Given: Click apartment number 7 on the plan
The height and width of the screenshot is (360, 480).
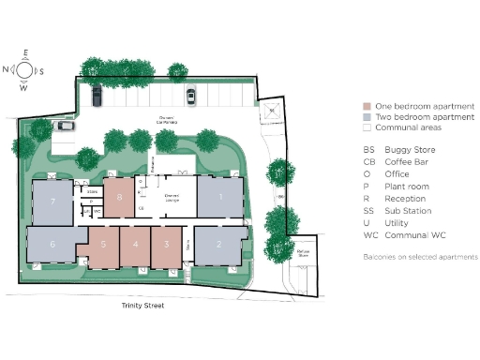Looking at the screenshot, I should tap(53, 201).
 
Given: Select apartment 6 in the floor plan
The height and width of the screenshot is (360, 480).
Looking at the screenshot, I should tap(52, 244).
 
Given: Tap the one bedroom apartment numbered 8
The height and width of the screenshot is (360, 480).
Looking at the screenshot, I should tap(119, 198).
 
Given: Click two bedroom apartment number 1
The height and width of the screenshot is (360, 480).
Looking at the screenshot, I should tap(219, 197).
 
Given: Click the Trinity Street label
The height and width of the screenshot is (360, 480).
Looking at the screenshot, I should tap(142, 306).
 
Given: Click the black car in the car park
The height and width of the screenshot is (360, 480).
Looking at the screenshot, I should tap(96, 95).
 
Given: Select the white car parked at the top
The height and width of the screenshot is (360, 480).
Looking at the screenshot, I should tap(190, 95).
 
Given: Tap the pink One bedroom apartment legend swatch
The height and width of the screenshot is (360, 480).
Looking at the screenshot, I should tap(368, 108).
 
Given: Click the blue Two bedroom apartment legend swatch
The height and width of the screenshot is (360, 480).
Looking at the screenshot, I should tap(368, 118).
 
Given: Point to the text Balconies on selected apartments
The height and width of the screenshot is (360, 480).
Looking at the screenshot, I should tap(420, 256).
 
